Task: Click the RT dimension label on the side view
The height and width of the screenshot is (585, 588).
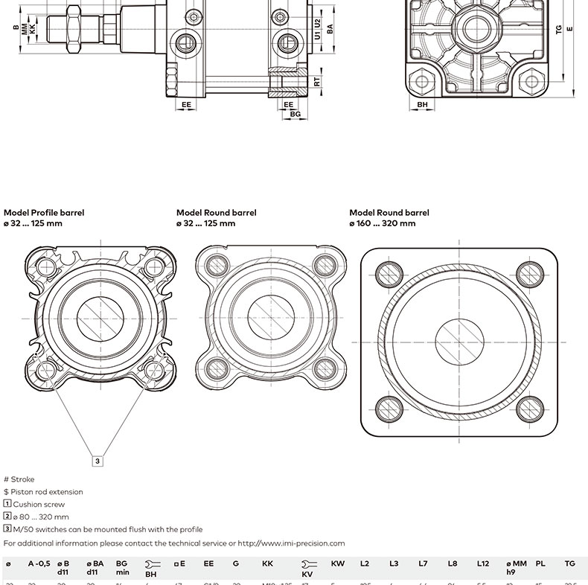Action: tap(317, 82)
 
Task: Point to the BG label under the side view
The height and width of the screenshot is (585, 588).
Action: tap(295, 115)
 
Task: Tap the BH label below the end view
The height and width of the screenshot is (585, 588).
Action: tap(422, 105)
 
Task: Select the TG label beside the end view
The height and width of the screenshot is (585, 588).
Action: tap(558, 30)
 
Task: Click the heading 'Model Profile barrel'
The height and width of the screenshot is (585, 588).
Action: tap(44, 213)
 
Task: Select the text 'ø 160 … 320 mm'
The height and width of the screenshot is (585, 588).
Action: tap(382, 223)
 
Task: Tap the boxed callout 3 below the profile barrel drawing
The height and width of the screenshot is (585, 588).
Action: tap(98, 461)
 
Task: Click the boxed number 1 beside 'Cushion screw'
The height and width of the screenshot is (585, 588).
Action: tap(7, 504)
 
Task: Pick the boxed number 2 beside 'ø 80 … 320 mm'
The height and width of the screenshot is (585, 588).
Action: tap(7, 517)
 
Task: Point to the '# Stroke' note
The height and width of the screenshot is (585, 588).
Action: tap(19, 479)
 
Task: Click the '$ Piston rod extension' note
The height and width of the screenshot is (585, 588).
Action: tap(43, 492)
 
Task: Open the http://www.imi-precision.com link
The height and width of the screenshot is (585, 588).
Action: tap(291, 543)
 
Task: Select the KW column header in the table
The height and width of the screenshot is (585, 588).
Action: tap(337, 564)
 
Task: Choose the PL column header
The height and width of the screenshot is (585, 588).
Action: tap(540, 564)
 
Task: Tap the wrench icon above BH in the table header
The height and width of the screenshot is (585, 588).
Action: tap(150, 564)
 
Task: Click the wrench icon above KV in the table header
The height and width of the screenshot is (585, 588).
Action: tap(307, 564)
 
